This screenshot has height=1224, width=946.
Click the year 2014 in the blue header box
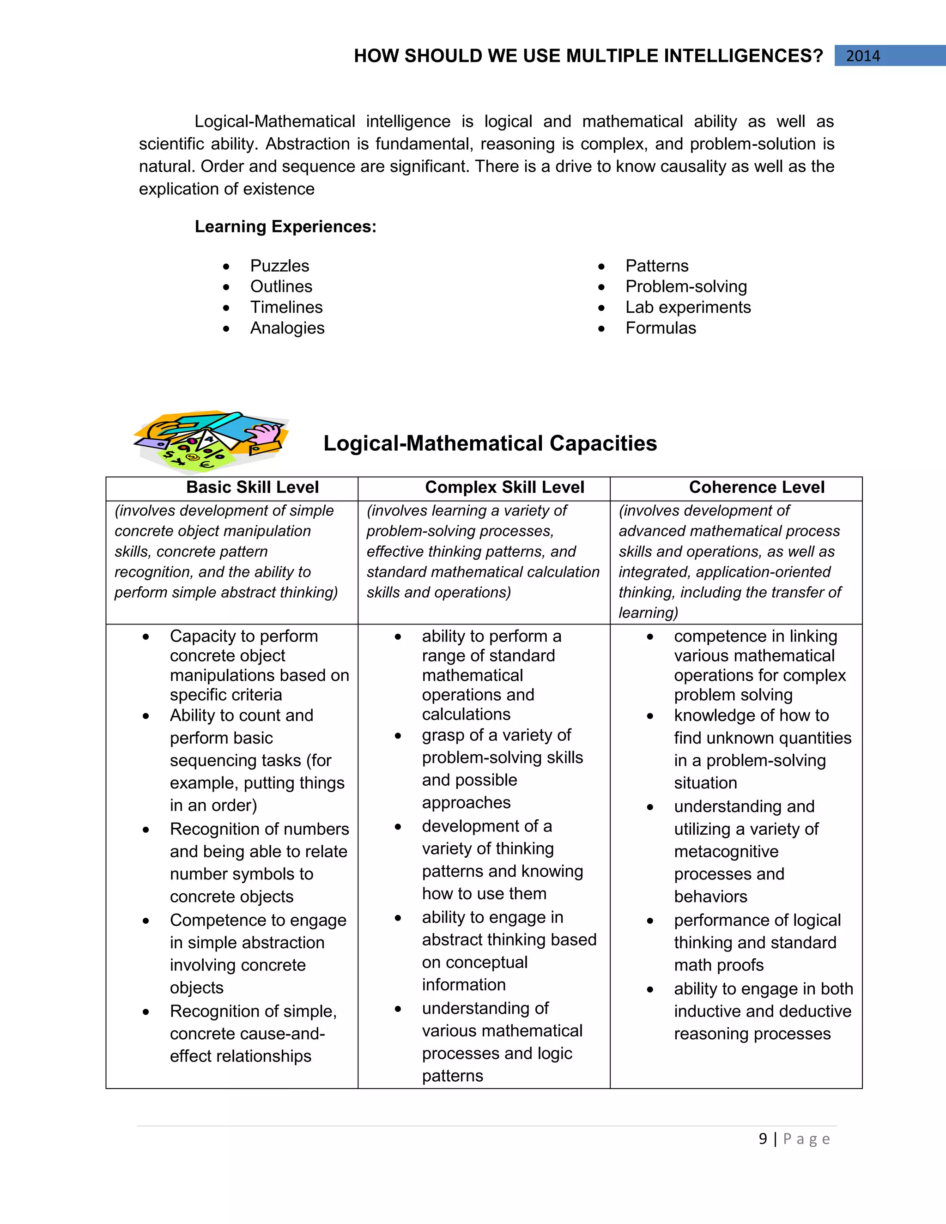(x=862, y=56)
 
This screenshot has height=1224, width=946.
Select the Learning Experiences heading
(x=285, y=226)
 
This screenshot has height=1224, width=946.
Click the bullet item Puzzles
(x=279, y=266)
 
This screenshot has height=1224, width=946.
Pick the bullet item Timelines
(x=286, y=307)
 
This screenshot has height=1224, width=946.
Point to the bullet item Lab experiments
(x=688, y=307)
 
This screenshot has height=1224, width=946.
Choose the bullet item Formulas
(x=660, y=328)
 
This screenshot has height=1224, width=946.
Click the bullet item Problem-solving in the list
(x=686, y=286)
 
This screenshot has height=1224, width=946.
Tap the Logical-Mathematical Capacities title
(x=490, y=443)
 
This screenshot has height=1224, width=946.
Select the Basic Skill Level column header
(x=252, y=487)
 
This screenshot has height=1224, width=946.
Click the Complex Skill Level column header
(x=504, y=487)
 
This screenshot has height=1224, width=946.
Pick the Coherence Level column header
(x=757, y=487)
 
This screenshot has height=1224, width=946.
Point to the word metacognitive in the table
(x=726, y=851)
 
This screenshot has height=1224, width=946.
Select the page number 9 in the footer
(x=763, y=1139)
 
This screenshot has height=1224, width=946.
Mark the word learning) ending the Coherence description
(x=648, y=612)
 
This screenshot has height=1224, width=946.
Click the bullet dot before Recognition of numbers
(x=146, y=830)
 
